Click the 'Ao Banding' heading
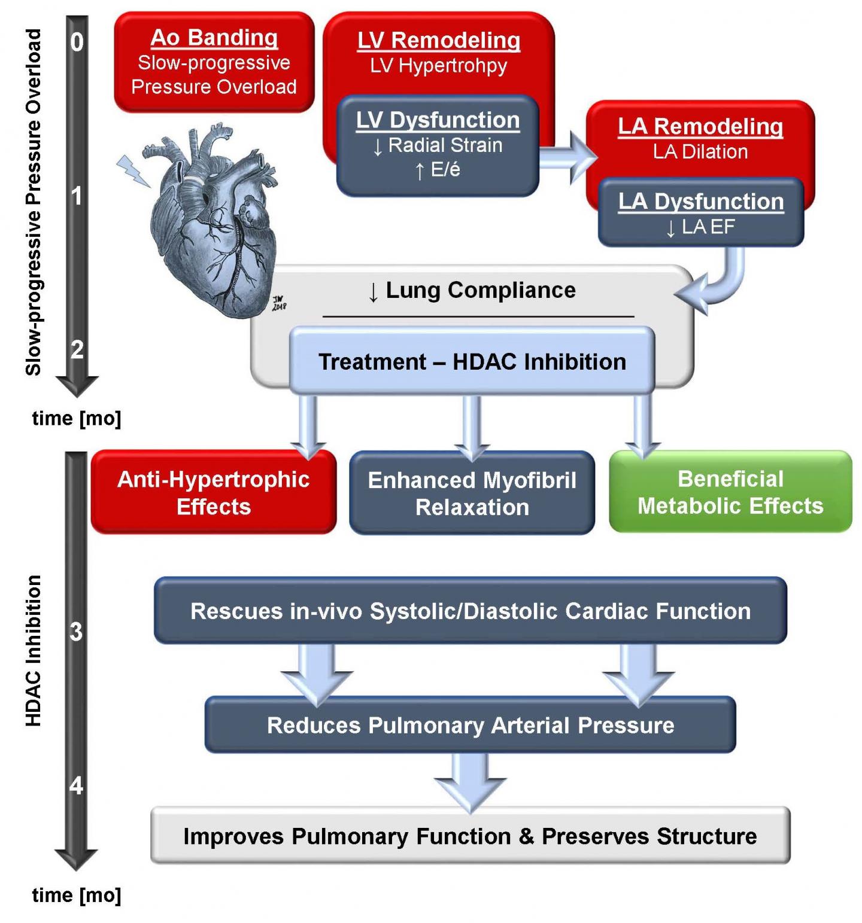click(214, 38)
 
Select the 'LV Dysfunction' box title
click(438, 120)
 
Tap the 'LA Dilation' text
click(700, 152)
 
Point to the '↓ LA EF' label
click(700, 227)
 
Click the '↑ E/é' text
click(438, 170)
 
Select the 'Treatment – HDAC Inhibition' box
click(472, 362)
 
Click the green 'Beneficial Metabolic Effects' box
click(730, 492)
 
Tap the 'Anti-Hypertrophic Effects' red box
click(213, 492)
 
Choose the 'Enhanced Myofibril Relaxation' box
click(472, 494)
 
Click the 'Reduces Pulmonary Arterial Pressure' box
click(470, 725)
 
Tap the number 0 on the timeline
click(77, 42)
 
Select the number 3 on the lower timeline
click(76, 632)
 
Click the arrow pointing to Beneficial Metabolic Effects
click(642, 426)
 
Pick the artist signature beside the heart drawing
click(279, 303)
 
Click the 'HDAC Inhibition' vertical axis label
click(34, 651)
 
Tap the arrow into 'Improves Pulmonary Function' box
click(470, 781)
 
